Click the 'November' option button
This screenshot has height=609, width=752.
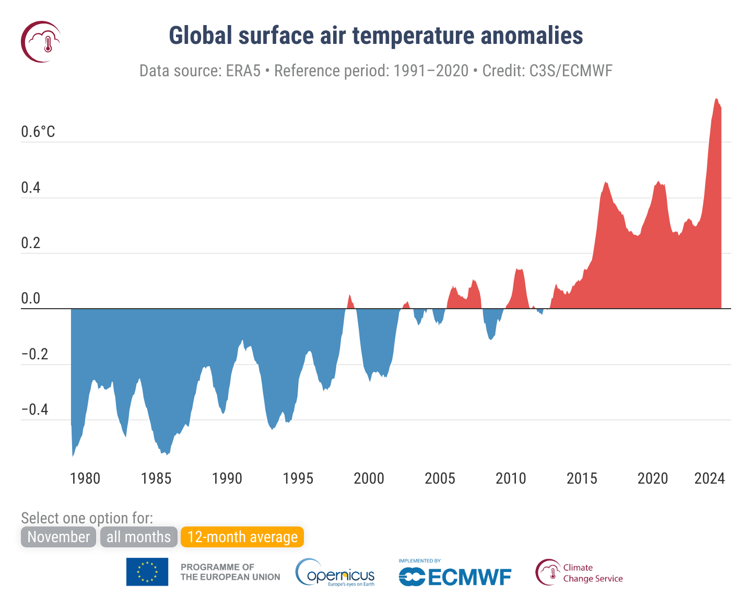58,537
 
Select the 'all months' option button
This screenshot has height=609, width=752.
138,537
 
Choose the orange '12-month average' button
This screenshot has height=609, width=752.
242,537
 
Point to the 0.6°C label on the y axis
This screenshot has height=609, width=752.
38,132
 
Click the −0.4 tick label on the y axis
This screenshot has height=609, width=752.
34,409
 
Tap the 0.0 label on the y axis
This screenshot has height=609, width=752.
31,299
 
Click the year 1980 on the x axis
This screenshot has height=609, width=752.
85,478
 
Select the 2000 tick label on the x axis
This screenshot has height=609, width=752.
369,478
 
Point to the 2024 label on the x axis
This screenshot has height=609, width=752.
709,478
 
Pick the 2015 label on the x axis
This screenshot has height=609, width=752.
582,478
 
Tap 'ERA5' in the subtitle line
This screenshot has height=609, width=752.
243,71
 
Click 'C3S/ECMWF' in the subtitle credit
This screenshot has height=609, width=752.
571,71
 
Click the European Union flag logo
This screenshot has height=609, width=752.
147,572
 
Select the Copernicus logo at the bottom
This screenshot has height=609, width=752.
335,573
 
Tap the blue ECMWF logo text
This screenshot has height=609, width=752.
455,577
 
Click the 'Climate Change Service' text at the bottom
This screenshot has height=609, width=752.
592,573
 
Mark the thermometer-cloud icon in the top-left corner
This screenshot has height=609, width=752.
41,42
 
